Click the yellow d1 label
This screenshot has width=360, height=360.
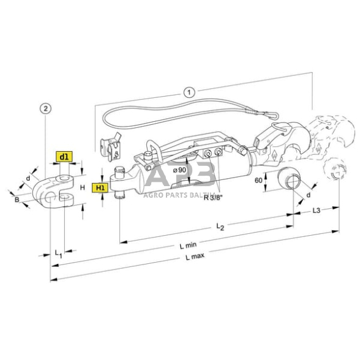pos(64,157)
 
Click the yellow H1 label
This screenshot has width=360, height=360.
pos(100,187)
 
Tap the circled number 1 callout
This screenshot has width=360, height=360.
pos(189,92)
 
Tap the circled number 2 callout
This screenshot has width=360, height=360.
pos(43,108)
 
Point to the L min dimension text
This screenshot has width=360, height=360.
pos(187,244)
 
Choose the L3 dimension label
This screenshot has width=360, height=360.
pos(317,211)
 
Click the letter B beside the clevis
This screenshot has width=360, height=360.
pos(17,199)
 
